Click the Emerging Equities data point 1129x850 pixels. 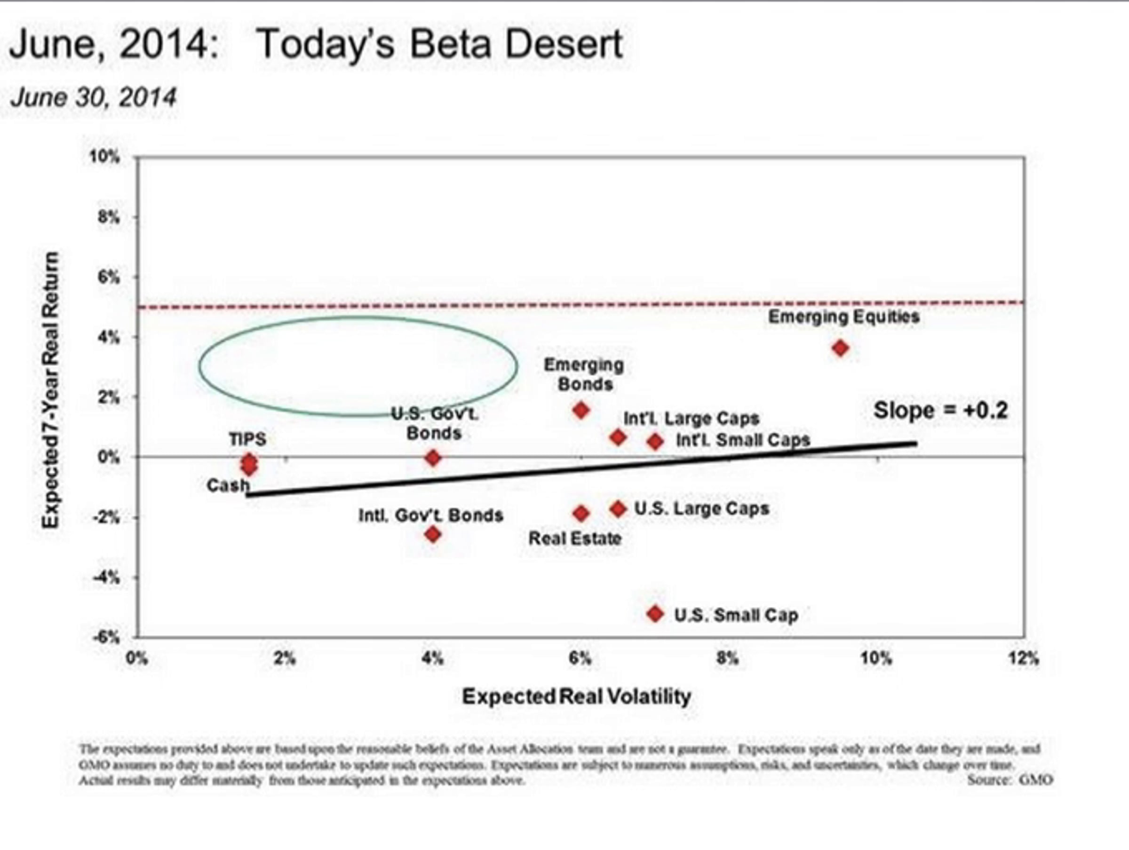(x=840, y=348)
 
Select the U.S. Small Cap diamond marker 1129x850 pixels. (x=655, y=614)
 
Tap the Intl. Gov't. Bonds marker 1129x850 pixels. (x=433, y=534)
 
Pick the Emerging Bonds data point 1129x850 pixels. (x=581, y=410)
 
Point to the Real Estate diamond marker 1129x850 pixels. (x=581, y=513)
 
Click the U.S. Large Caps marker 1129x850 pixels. (x=618, y=508)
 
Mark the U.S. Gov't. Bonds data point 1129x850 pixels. (x=433, y=458)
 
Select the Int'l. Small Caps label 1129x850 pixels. (x=743, y=440)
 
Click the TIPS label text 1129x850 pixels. (x=247, y=439)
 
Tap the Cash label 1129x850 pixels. (x=228, y=485)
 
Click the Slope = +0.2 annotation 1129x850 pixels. (x=941, y=411)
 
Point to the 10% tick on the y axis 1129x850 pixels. (x=104, y=157)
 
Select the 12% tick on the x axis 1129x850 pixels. (x=1023, y=659)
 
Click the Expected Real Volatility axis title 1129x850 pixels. (x=576, y=696)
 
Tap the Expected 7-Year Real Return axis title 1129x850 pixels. (x=51, y=390)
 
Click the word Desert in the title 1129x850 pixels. (x=564, y=44)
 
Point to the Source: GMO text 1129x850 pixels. (x=1010, y=780)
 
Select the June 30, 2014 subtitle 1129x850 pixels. (x=94, y=97)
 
